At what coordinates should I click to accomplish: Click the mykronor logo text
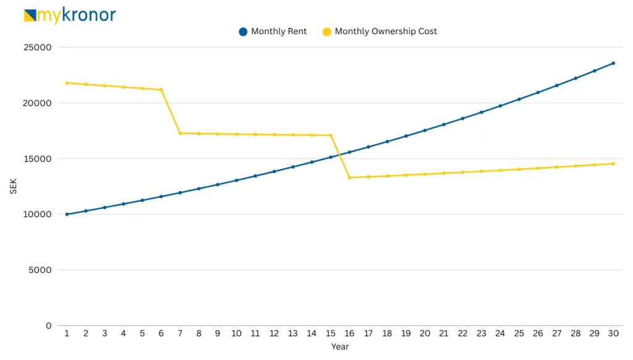coord(76,15)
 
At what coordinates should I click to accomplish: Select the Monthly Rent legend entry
coord(278,32)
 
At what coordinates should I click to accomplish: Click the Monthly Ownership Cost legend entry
coord(385,32)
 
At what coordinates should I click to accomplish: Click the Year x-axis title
coord(339,347)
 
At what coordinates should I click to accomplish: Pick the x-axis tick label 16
coord(349,333)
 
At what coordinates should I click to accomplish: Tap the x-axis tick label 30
coord(613,333)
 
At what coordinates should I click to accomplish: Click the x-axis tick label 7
coord(180,333)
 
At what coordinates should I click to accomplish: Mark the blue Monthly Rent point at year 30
coord(613,63)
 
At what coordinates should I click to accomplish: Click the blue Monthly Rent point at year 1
coord(67,214)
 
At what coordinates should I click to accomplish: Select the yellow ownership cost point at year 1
coord(67,83)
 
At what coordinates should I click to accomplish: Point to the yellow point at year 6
coord(161,90)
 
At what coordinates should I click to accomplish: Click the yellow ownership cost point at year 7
coord(180,133)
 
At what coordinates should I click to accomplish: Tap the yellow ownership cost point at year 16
coord(349,178)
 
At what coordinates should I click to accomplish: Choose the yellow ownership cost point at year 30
coord(613,163)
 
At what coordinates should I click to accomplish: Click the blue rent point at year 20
coord(425,131)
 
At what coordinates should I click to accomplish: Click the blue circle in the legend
coord(243,32)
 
